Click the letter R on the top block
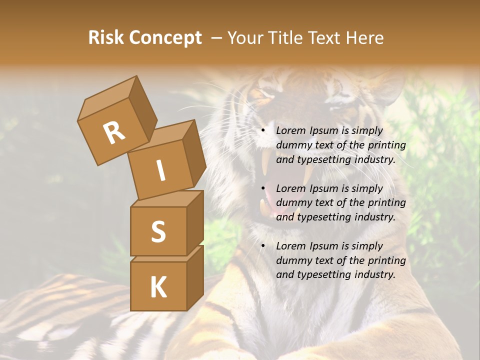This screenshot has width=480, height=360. [114, 132]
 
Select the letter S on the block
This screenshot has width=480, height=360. [158, 231]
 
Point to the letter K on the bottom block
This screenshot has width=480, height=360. [158, 287]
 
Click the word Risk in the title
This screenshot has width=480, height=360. [105, 38]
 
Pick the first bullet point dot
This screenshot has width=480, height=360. [262, 131]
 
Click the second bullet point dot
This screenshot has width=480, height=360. [262, 188]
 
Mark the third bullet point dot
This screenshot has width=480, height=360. [262, 246]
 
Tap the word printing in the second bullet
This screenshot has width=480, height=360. [386, 202]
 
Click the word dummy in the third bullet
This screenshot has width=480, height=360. [293, 260]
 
